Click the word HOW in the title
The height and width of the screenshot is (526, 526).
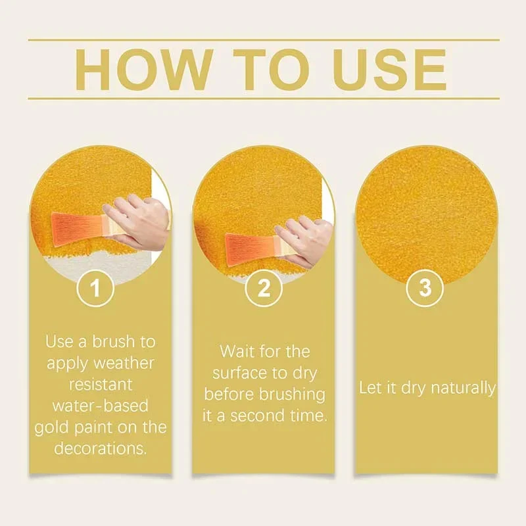(144, 70)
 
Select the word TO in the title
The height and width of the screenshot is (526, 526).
(271, 70)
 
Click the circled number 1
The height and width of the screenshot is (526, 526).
(95, 288)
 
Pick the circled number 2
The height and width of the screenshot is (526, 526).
(264, 288)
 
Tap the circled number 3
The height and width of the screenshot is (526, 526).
(425, 288)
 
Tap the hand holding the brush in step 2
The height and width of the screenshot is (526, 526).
(304, 242)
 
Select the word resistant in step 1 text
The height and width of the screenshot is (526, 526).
(101, 385)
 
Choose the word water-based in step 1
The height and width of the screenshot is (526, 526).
(101, 406)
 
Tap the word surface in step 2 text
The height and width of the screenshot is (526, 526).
(238, 373)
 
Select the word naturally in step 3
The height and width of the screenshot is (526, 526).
(463, 389)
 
